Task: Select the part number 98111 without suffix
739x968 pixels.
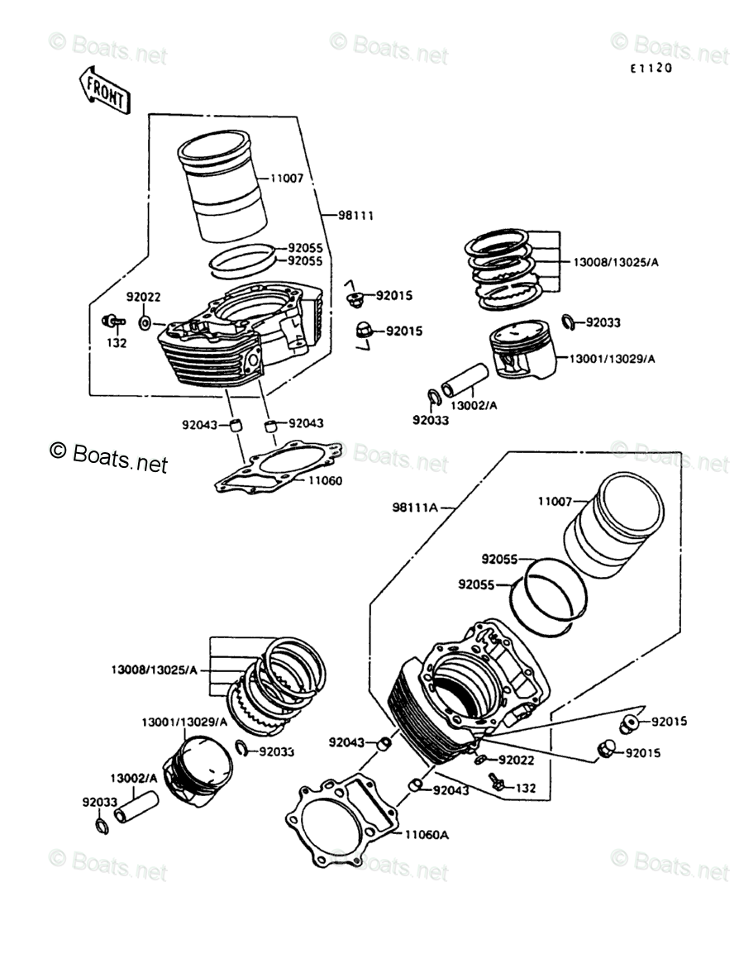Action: point(356,216)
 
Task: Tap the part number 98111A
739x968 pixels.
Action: point(415,507)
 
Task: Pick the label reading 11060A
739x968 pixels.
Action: point(427,835)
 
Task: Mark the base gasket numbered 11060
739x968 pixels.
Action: point(278,466)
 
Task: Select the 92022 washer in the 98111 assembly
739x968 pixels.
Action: point(145,321)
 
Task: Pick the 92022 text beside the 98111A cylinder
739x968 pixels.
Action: point(520,760)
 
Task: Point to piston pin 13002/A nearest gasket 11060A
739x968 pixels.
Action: point(136,806)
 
